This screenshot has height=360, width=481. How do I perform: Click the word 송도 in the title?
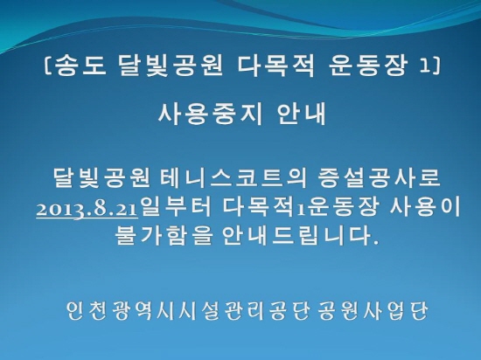(81, 66)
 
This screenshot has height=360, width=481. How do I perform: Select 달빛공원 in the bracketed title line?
(170, 66)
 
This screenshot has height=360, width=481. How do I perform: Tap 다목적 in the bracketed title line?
(275, 66)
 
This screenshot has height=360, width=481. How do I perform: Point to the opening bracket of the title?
(48, 66)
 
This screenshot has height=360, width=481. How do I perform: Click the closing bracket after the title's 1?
(436, 66)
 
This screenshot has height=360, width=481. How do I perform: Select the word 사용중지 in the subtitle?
(210, 114)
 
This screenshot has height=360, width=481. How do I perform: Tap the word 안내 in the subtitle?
(301, 114)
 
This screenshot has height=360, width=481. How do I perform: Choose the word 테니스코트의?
(234, 178)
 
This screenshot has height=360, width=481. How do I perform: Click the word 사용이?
(424, 207)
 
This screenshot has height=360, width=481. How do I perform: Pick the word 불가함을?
(164, 236)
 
